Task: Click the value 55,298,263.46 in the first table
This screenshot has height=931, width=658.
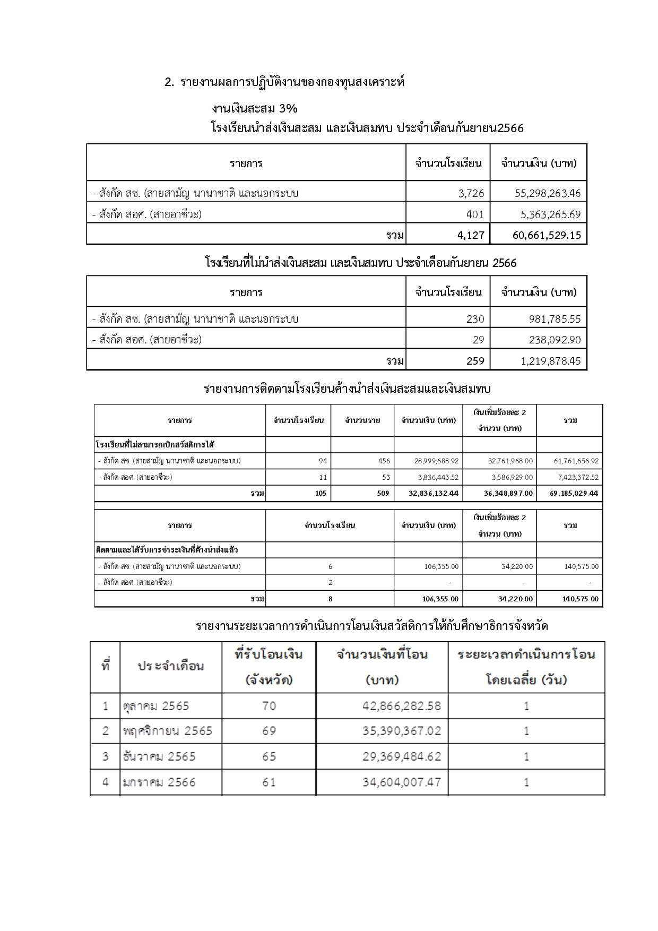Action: (548, 193)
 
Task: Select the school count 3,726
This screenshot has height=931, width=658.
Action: (471, 193)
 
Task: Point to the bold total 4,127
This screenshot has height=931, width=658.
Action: (471, 235)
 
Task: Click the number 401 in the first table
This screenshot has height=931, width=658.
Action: (475, 214)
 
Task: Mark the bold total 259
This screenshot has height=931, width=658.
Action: (475, 361)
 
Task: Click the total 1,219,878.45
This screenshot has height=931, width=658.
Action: (551, 361)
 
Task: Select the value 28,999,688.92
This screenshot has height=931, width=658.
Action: (436, 461)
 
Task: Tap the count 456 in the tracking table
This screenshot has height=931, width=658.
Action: (384, 461)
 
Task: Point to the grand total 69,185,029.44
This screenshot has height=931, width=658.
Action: (574, 493)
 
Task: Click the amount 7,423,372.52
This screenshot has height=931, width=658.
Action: (576, 477)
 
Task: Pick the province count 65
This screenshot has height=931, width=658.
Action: (269, 756)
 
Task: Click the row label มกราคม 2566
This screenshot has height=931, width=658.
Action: (159, 782)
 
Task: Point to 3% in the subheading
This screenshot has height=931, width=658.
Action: (287, 109)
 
